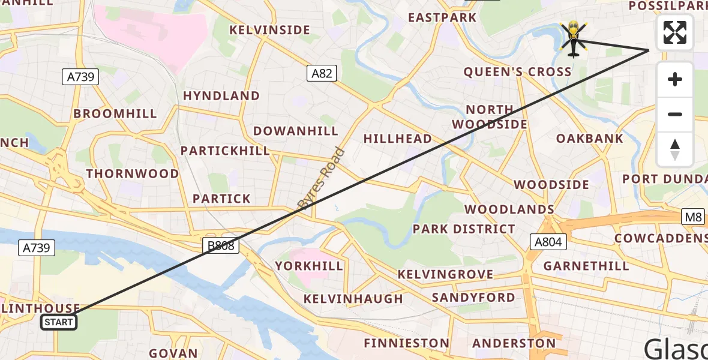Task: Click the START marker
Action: point(59,322)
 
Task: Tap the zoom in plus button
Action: point(675,79)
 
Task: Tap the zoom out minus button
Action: point(675,114)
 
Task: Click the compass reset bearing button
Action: point(675,149)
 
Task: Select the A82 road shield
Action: point(322,74)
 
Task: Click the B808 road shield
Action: point(221,245)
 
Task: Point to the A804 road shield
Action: point(547,242)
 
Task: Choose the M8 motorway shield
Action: point(693,217)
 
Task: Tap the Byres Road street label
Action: point(322,179)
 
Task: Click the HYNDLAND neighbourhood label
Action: point(221,96)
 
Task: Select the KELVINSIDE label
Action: point(269,30)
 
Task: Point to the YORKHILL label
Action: point(309,266)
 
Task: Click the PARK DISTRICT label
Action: point(464,229)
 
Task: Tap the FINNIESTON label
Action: point(406,344)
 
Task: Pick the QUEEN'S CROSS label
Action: point(518,72)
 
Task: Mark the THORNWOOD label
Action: point(133,174)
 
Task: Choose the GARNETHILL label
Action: point(586,266)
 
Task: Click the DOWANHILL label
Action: point(296,131)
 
